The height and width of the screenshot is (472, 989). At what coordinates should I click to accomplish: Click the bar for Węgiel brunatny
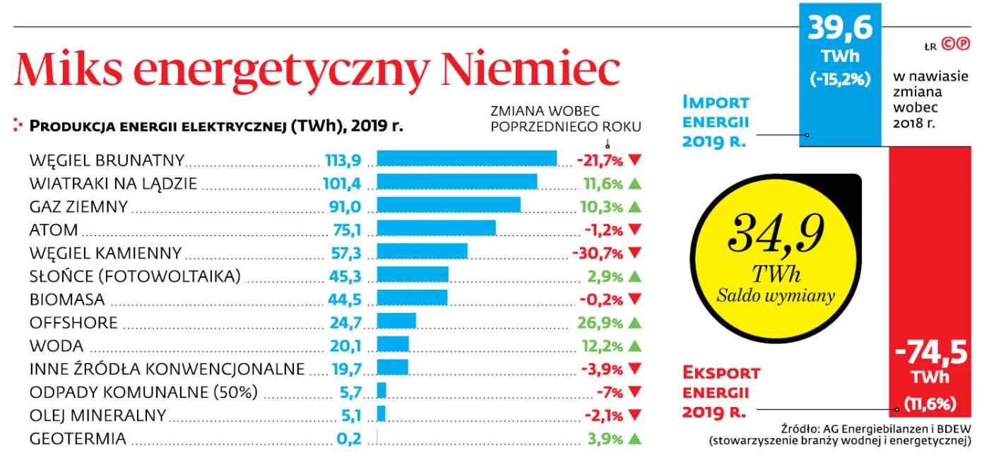[466, 159]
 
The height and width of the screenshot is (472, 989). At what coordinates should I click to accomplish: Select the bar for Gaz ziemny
[449, 206]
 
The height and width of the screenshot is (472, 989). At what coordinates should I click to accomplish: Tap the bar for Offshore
[396, 322]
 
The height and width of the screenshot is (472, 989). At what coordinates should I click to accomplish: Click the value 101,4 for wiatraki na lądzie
[342, 184]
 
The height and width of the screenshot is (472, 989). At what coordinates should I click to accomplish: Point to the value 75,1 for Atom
[347, 230]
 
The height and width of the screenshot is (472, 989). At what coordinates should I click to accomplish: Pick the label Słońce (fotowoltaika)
[135, 276]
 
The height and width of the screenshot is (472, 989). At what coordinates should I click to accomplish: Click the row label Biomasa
[67, 299]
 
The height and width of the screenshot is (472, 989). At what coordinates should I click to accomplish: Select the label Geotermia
[78, 439]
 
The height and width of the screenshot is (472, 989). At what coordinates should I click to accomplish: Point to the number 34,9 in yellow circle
[775, 232]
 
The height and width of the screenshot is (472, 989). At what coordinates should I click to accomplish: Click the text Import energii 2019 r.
[716, 122]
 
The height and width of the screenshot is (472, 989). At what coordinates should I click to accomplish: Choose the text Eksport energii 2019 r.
[721, 392]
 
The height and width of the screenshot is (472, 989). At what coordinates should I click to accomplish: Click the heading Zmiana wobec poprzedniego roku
[565, 119]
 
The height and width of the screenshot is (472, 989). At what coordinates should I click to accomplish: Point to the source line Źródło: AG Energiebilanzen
[875, 428]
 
